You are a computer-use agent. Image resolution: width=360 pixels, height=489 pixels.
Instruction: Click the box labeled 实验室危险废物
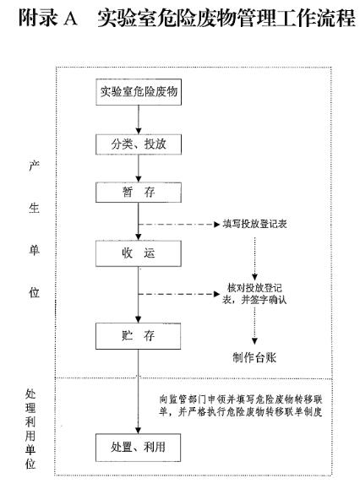coord(139,92)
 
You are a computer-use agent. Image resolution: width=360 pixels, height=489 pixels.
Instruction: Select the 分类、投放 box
coord(139,144)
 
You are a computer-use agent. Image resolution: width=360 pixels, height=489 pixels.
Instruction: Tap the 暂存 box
coord(139,193)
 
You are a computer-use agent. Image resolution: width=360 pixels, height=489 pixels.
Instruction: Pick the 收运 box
coord(139,253)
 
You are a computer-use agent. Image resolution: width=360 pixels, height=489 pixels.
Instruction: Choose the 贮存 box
coord(139,336)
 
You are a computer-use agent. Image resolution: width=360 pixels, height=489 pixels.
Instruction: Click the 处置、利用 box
coord(139,448)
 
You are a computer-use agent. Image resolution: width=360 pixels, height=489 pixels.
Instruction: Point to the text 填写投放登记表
coord(255,224)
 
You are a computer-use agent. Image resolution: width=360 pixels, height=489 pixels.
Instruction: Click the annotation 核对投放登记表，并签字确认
coord(254,294)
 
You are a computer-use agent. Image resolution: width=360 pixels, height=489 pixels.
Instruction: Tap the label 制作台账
coord(254,357)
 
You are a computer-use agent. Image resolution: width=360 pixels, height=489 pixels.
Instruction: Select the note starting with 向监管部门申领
coord(241,405)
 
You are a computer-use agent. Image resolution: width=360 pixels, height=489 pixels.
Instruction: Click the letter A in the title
coord(70,18)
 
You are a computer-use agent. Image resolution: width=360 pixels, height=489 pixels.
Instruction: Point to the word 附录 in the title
coord(38,18)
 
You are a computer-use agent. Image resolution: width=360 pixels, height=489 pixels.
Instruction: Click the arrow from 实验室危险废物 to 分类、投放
coord(139,120)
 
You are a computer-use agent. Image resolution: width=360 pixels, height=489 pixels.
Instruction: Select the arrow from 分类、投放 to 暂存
coord(139,168)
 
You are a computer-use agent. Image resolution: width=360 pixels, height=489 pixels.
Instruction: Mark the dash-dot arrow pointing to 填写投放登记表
coord(179,224)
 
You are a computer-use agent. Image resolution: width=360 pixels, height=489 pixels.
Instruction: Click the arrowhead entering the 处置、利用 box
coord(139,431)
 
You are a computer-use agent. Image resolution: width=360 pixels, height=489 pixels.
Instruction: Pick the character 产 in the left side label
coord(34,166)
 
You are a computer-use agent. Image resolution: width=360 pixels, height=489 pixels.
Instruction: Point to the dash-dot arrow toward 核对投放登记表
coord(179,294)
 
